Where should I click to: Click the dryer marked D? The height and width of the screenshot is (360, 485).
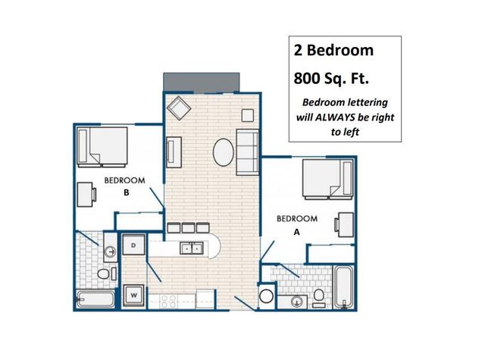(x=133, y=245)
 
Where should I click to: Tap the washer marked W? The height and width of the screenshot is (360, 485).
(x=133, y=295)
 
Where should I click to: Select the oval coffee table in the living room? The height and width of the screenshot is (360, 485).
(x=223, y=152)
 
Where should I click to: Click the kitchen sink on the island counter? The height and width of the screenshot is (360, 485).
(x=192, y=248)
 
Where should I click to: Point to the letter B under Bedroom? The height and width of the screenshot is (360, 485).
(x=127, y=193)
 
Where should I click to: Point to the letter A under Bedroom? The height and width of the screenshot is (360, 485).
(x=296, y=232)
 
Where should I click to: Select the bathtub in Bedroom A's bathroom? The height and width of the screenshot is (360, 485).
(x=343, y=287)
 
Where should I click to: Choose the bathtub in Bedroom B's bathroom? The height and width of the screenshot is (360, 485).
(x=95, y=299)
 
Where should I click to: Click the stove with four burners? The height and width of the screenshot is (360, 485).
(x=168, y=301)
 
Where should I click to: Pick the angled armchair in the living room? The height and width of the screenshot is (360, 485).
(x=179, y=109)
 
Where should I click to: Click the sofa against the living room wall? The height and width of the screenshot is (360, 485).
(x=248, y=152)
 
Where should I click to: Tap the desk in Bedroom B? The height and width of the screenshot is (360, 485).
(x=86, y=195)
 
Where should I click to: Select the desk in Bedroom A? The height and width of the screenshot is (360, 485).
(x=344, y=224)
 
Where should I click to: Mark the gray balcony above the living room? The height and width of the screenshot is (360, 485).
(x=202, y=82)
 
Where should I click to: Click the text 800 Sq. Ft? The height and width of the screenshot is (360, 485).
(x=331, y=78)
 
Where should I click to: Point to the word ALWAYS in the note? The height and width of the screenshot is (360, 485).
(x=335, y=117)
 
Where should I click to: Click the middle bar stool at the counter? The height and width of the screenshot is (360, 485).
(x=189, y=227)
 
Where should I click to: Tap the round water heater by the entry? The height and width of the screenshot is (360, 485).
(x=266, y=296)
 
